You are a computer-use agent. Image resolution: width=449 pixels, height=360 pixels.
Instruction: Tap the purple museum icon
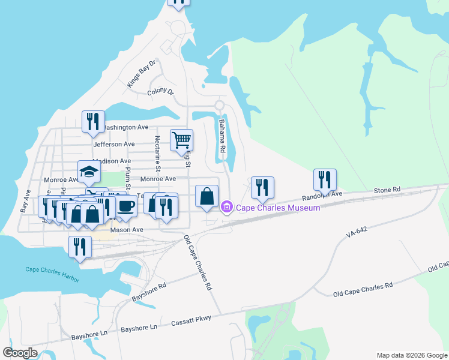click(227, 208)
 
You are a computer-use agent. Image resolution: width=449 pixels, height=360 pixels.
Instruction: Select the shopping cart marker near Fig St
click(181, 141)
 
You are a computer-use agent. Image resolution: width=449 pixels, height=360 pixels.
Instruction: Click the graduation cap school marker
click(89, 172)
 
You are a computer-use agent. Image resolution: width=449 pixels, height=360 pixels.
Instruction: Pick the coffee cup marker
click(125, 206)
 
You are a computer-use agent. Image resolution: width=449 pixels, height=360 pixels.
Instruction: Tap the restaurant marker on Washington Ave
click(93, 122)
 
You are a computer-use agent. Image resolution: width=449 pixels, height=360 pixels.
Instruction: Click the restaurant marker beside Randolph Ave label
click(325, 180)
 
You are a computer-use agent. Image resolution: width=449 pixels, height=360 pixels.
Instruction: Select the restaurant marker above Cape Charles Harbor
click(80, 247)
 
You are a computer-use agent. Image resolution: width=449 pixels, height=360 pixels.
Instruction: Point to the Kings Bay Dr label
click(141, 74)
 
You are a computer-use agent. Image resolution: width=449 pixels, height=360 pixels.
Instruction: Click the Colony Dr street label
click(160, 92)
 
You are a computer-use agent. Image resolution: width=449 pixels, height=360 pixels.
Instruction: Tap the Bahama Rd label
click(221, 135)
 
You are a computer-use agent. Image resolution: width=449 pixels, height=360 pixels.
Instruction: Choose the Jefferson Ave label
click(114, 144)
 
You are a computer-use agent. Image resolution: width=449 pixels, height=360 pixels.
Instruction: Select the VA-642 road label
click(357, 232)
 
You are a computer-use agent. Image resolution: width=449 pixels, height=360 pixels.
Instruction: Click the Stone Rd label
click(387, 190)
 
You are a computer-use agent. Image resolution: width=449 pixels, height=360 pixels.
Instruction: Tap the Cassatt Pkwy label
click(191, 319)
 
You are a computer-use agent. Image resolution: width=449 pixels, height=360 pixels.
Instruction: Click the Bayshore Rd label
click(148, 292)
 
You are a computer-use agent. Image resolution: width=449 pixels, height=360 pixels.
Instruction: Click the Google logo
click(20, 353)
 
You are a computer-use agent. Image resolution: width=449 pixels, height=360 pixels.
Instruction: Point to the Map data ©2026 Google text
click(411, 355)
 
